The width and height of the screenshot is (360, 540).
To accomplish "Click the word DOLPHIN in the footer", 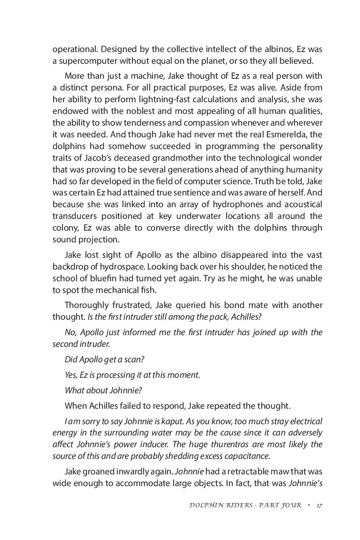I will tap(202, 505).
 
